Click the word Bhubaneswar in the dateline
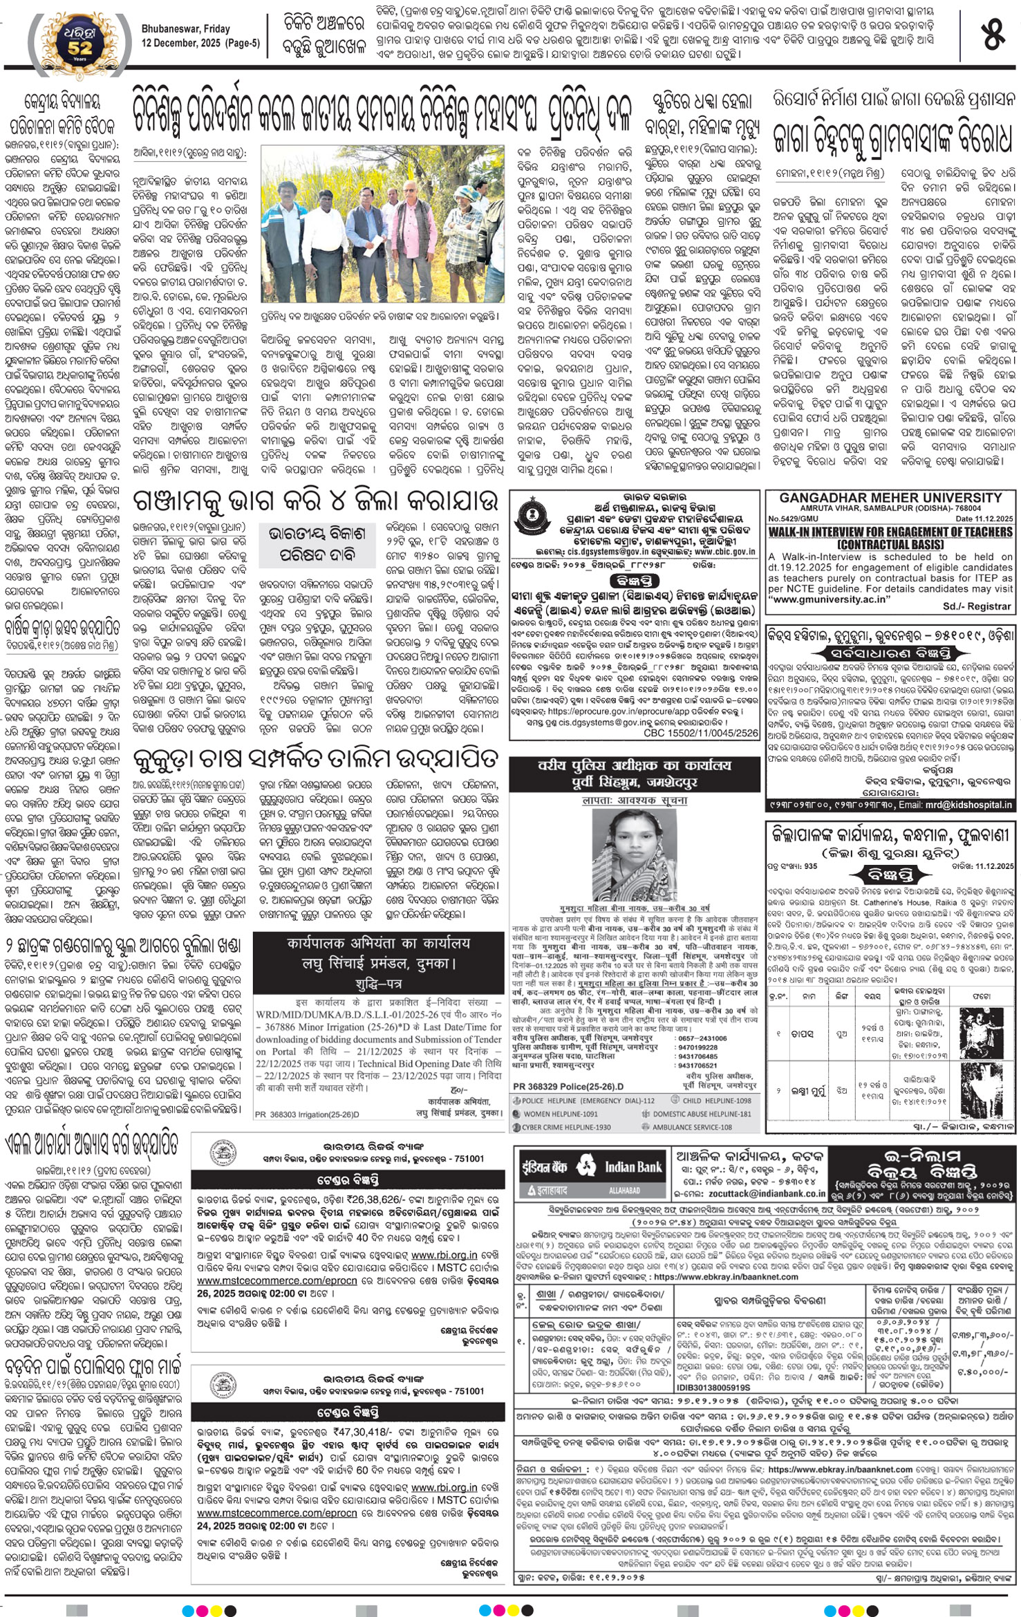tap(167, 29)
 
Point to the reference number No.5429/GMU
tap(794, 518)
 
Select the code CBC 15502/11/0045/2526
tap(700, 733)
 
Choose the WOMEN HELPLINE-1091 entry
tap(559, 1114)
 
